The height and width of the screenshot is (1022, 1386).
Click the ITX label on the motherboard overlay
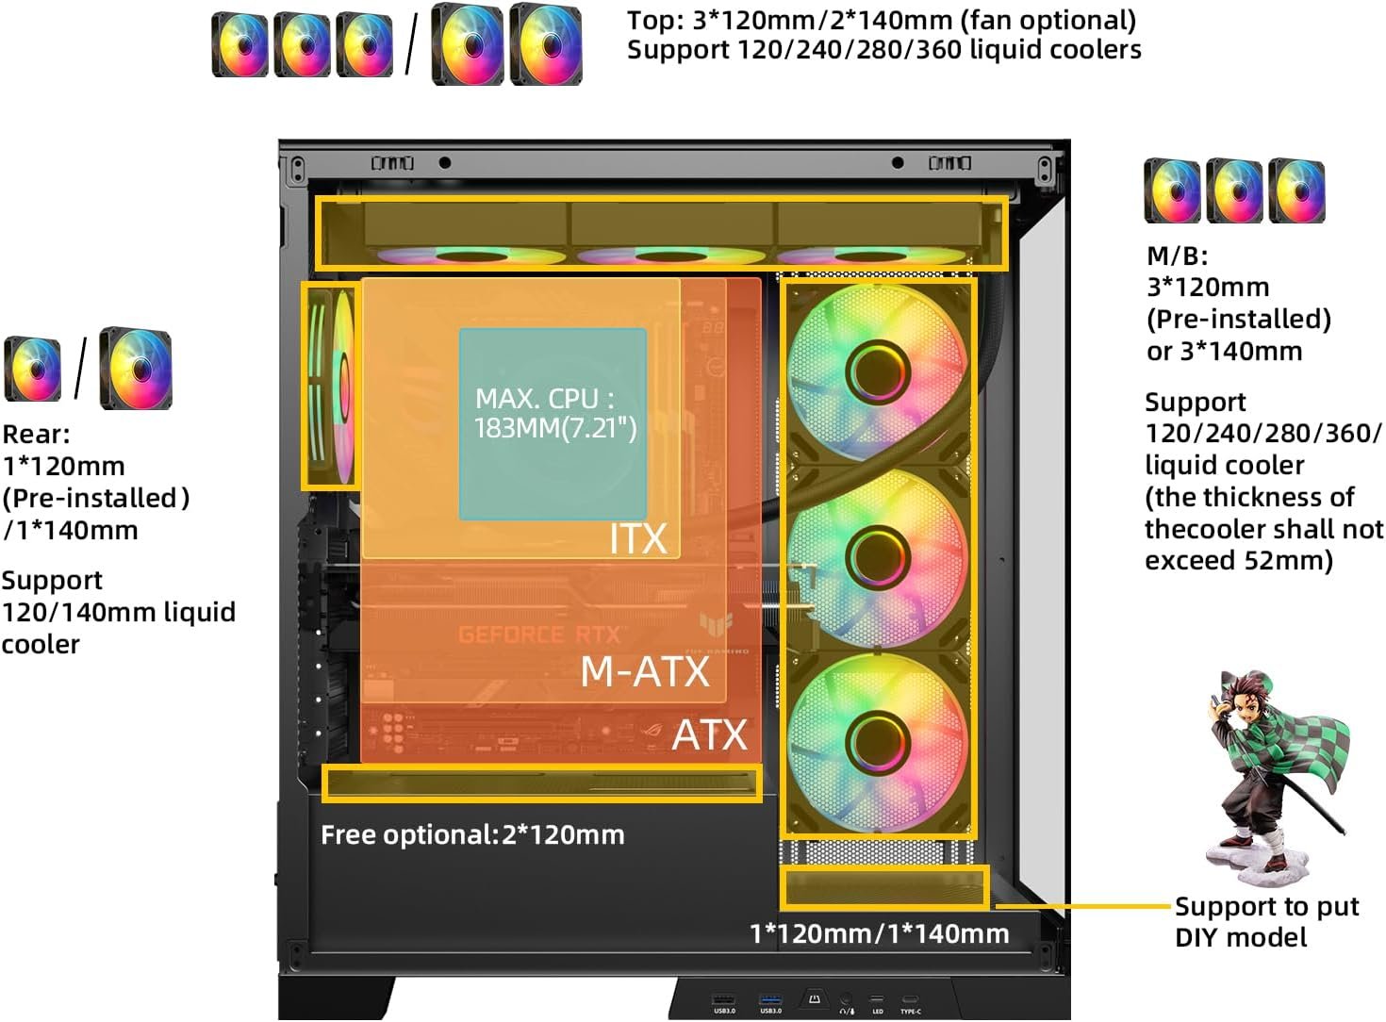tap(637, 539)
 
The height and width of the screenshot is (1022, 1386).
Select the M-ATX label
tap(645, 671)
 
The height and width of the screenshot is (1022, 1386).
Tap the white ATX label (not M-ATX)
tap(709, 735)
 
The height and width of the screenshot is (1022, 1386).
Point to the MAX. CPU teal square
tap(553, 423)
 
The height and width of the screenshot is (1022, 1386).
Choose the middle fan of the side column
tap(877, 557)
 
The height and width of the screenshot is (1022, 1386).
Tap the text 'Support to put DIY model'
tap(1265, 921)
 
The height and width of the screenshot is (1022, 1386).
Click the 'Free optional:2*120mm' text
tap(472, 834)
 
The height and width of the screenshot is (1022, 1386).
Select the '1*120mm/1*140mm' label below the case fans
tap(879, 933)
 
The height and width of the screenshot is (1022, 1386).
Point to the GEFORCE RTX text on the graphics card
tap(539, 635)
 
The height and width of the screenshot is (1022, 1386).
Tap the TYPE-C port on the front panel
tap(910, 1000)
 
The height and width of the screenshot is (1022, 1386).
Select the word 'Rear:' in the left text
tap(36, 435)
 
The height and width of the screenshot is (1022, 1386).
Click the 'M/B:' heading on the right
tap(1177, 255)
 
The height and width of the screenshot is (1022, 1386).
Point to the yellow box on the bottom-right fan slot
tap(884, 887)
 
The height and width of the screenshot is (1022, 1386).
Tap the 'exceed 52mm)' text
tap(1238, 561)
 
